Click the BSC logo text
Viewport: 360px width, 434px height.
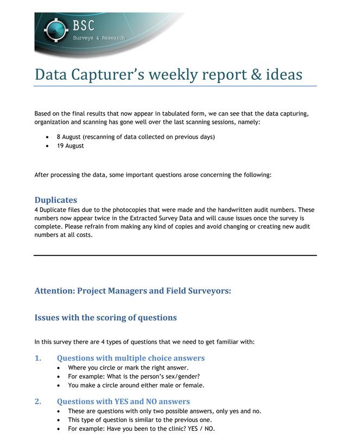pos(84,25)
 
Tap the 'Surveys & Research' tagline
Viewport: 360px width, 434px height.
pos(99,38)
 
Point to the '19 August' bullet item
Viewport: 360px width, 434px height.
pos(70,145)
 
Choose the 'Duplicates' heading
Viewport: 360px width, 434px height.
pos(56,200)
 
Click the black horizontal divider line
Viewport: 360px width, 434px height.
pos(175,255)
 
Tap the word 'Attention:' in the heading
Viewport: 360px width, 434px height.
pos(54,291)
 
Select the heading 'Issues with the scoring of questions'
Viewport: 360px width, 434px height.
pos(105,317)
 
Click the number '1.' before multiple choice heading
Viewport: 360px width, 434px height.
pos(38,358)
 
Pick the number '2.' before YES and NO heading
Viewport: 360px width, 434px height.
pos(38,401)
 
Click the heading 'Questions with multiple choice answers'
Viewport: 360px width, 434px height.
pos(131,358)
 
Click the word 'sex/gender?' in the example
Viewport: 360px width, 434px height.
pos(182,376)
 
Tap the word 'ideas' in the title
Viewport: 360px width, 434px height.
pos(283,74)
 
